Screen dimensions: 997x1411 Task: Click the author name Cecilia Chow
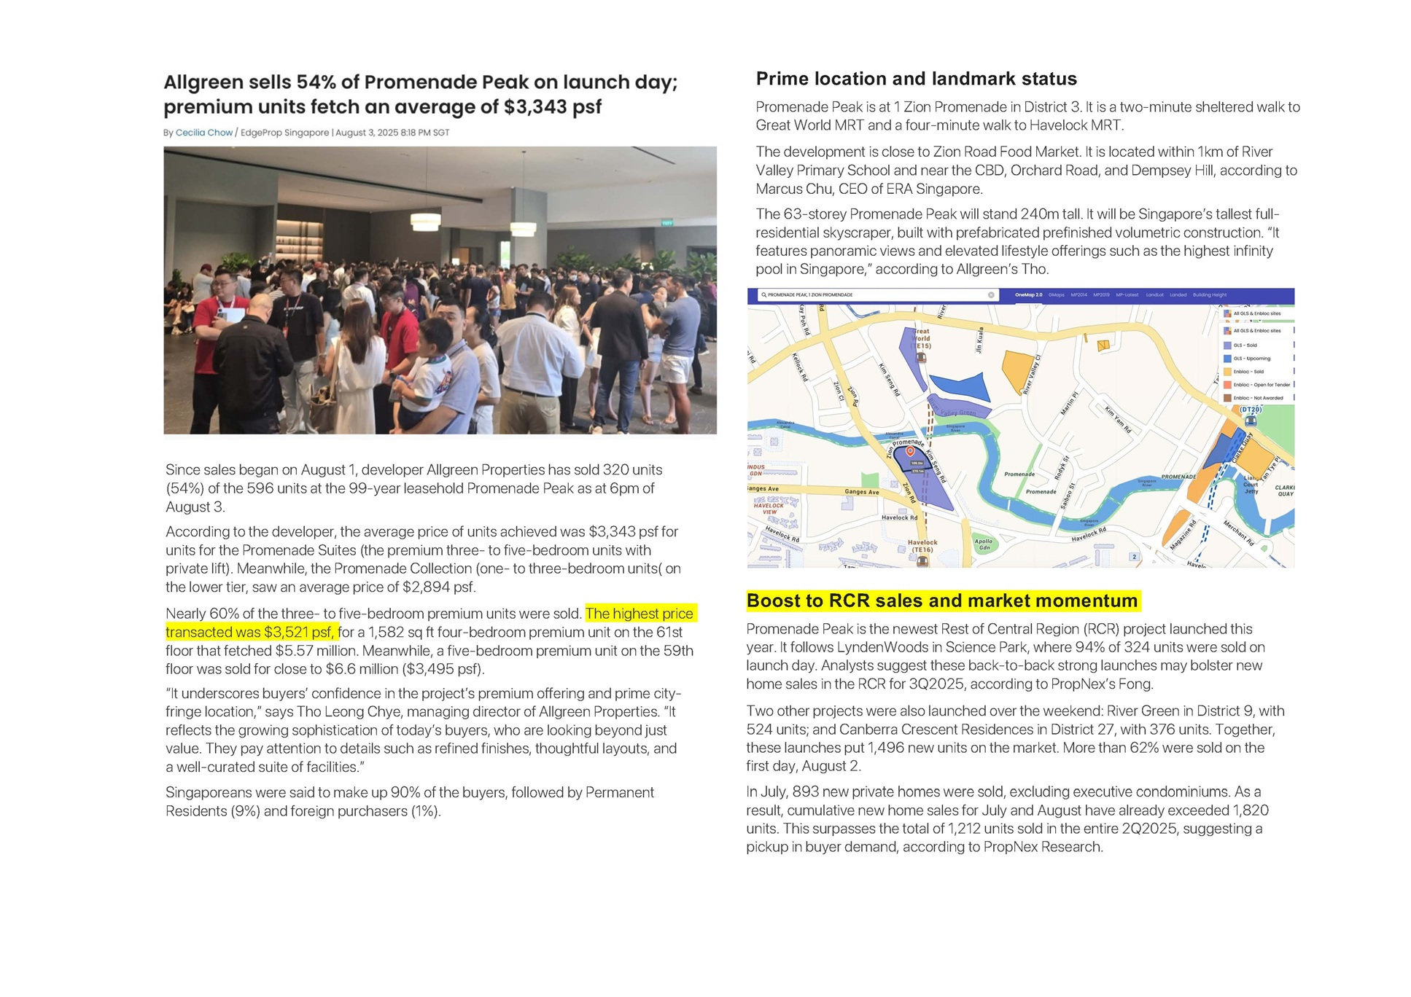[203, 133]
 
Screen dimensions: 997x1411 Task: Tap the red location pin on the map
[910, 452]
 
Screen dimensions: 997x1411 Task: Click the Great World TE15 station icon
[921, 357]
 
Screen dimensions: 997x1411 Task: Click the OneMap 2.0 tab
[1028, 295]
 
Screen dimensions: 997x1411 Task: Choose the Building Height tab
[1210, 295]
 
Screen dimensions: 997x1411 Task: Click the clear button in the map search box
[991, 295]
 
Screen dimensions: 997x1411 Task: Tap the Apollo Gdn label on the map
[984, 544]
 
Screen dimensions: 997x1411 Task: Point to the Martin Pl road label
[1069, 401]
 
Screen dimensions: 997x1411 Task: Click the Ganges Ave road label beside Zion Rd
[862, 492]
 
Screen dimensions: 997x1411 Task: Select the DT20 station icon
[1251, 421]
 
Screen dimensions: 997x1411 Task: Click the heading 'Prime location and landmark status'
[916, 79]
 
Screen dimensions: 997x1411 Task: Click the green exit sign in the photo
[667, 223]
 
